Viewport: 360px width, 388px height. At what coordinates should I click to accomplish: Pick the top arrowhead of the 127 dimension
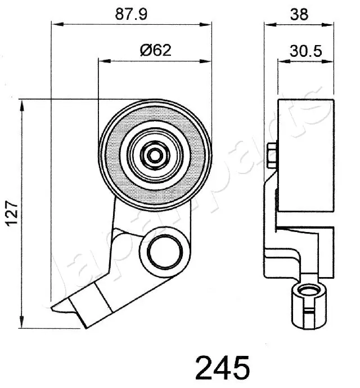(x=23, y=104)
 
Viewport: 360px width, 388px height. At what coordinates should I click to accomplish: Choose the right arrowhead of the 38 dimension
(x=331, y=24)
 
